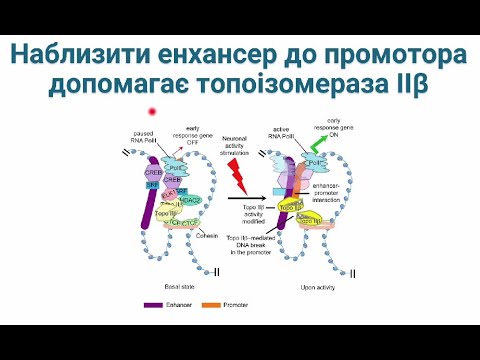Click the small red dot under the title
point(151,111)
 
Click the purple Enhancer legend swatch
point(154,304)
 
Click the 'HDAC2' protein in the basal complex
point(191,199)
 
